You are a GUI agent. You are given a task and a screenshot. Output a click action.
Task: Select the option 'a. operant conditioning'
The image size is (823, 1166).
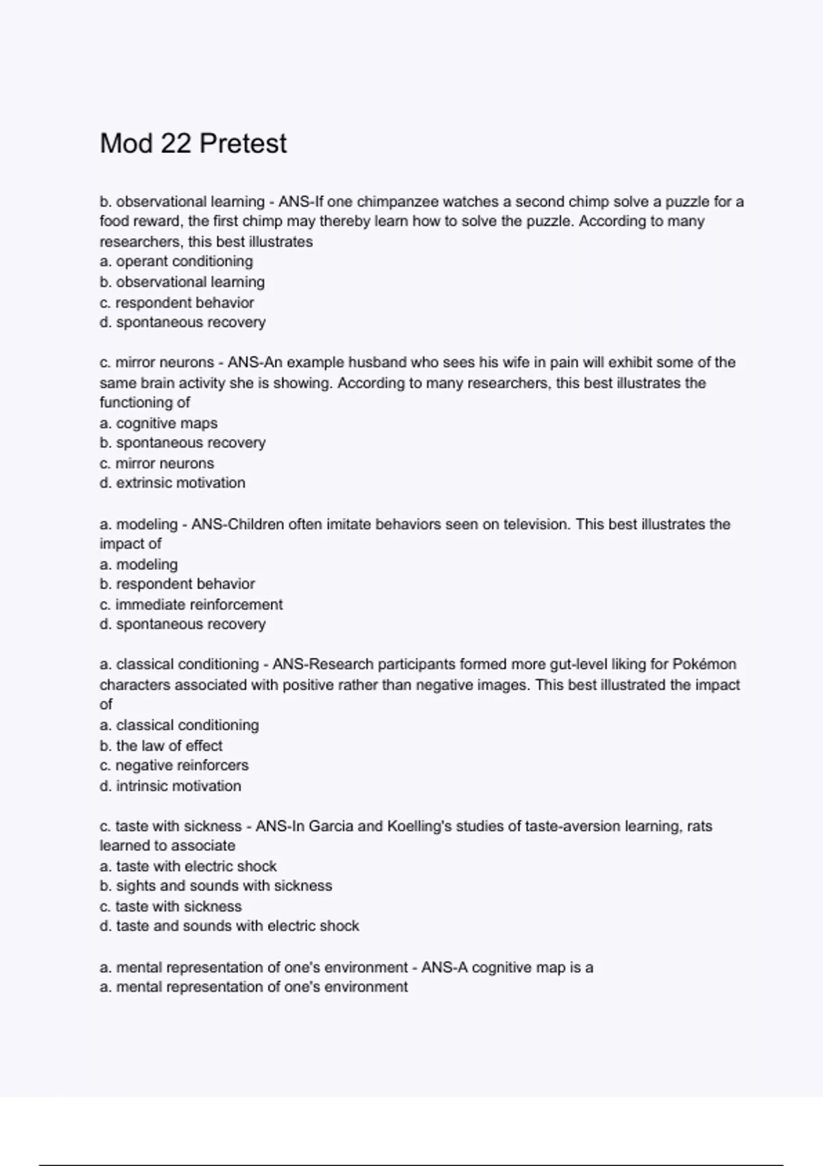pos(176,261)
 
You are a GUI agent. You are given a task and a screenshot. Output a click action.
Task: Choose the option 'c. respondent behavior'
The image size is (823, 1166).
pos(176,302)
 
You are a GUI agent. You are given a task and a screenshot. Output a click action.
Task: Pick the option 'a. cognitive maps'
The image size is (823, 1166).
pos(158,423)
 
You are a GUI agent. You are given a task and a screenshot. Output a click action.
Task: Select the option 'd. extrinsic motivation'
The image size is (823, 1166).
pos(172,483)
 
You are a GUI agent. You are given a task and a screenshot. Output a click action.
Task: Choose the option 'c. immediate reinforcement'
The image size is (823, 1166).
pos(191,604)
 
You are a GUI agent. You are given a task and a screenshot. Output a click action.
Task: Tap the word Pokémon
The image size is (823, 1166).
pos(704,664)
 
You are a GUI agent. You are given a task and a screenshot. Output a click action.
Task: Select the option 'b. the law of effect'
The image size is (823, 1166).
pos(161,746)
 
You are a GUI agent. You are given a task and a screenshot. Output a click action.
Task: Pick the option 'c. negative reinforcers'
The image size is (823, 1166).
pos(174,765)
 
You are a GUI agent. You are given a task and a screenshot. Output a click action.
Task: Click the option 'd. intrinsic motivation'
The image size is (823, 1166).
pos(170,786)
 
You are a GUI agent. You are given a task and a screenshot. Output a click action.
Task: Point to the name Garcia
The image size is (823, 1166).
pos(331,826)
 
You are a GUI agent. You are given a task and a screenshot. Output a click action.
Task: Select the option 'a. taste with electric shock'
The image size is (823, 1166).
pos(188,866)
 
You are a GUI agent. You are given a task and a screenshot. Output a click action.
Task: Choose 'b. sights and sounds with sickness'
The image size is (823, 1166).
pos(215,885)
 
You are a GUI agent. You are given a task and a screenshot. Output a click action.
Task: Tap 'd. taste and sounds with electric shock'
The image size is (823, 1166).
pos(229,926)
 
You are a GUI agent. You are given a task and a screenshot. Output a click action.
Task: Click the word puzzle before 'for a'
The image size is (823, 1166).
pos(687,202)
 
